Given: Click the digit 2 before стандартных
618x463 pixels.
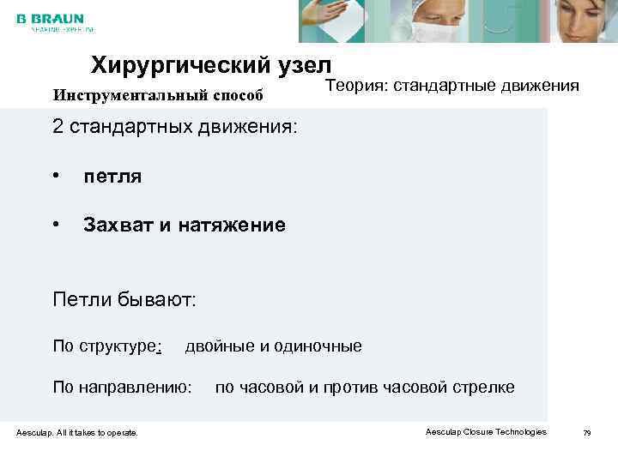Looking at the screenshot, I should coord(58,128).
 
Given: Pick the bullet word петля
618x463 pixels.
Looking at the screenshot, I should coord(112,177).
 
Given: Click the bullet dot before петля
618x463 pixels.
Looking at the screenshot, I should coord(56,177).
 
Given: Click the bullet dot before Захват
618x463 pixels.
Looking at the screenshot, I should coord(56,225).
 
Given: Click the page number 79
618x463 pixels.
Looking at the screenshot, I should coord(587,433).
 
